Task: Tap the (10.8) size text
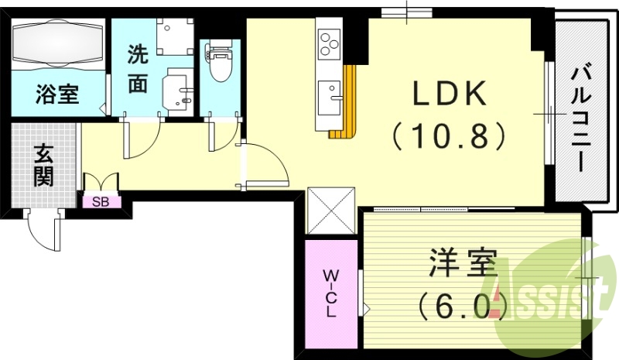449,136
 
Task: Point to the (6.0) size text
463,307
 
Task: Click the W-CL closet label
330,292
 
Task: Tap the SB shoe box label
101,202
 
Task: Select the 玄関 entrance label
43,165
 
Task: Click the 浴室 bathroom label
56,95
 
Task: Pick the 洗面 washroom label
138,69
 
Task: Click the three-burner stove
330,41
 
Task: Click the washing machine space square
174,35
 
